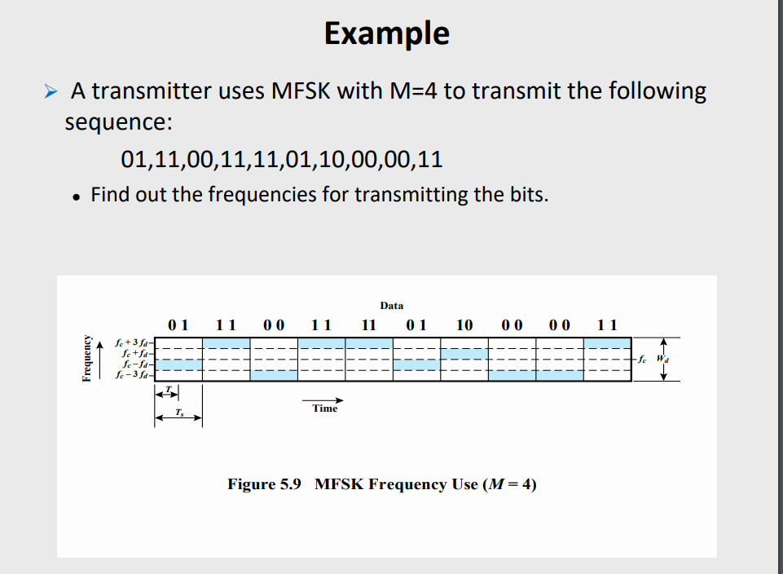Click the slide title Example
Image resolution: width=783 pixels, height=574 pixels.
pyautogui.click(x=386, y=33)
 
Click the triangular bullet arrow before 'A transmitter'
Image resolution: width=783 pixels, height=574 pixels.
pyautogui.click(x=51, y=91)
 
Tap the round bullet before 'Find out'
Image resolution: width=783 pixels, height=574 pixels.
pyautogui.click(x=76, y=196)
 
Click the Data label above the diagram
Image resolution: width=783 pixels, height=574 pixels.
pyautogui.click(x=391, y=306)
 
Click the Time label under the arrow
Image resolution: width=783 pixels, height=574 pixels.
pyautogui.click(x=324, y=408)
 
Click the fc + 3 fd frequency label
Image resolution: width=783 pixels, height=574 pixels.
pyautogui.click(x=133, y=344)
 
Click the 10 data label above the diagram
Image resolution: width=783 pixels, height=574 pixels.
pyautogui.click(x=464, y=325)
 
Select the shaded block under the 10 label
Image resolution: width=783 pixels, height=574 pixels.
pyautogui.click(x=464, y=354)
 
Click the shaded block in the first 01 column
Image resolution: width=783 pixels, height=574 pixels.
pyautogui.click(x=178, y=364)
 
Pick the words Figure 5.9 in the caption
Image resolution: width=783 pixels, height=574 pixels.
pyautogui.click(x=265, y=484)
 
